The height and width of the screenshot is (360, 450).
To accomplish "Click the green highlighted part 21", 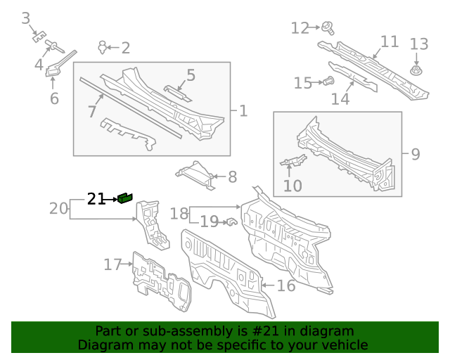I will coord(126,198).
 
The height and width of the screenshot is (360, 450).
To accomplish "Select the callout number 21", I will coord(96,200).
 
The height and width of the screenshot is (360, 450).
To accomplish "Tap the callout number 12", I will coord(300,28).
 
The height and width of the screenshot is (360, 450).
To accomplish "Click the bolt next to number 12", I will coord(328,27).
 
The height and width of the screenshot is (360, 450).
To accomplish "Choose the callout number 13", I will coord(419,44).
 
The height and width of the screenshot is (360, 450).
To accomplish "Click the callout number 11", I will coord(390,41).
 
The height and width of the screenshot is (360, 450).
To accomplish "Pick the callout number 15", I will coord(303,84).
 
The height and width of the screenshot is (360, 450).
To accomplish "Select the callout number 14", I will coord(340,98).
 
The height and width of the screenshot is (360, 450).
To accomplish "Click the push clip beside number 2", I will coord(103,47).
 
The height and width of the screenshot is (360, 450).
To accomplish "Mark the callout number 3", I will coord(26,18).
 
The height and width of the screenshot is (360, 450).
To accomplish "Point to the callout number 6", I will coord(54,98).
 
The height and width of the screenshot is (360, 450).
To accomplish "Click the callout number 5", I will coord(191,75).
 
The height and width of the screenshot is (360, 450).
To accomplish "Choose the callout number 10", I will coord(292,186).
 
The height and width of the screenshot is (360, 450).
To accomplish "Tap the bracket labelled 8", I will coord(196,173).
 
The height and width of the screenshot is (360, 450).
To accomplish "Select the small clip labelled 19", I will coord(229,222).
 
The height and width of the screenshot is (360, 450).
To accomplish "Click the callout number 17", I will coord(112,264).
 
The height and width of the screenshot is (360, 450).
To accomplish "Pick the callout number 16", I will coord(285,285).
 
